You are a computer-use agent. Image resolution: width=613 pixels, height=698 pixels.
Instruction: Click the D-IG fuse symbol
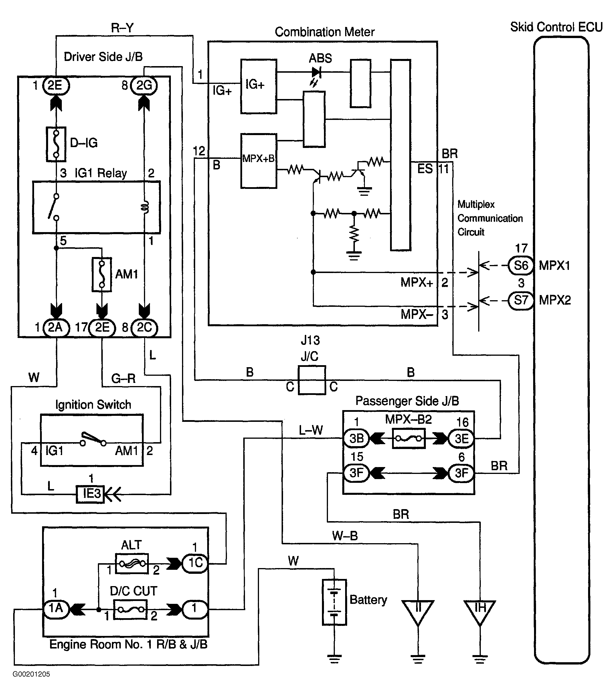click(x=56, y=144)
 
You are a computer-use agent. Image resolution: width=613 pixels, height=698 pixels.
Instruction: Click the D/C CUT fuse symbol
click(x=130, y=609)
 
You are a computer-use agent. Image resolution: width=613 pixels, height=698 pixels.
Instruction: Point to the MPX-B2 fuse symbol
click(x=409, y=438)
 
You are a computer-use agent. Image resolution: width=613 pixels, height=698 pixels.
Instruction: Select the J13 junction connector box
click(x=311, y=380)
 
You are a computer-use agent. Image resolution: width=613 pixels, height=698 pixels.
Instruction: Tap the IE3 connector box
click(x=90, y=493)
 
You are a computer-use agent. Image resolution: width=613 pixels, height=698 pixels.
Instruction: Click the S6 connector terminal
click(x=521, y=265)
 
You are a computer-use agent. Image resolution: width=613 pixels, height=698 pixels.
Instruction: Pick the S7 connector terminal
click(x=521, y=300)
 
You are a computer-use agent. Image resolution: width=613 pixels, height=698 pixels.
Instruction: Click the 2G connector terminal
click(x=144, y=85)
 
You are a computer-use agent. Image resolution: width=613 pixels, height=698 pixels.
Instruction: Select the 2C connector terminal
click(x=144, y=327)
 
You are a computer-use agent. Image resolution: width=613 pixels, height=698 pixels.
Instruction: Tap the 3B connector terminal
click(x=356, y=438)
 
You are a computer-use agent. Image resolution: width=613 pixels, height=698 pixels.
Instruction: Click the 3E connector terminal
click(x=461, y=438)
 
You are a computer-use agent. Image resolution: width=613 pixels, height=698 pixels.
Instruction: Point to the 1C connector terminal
click(x=195, y=563)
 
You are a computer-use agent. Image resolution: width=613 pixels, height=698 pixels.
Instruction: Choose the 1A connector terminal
click(x=56, y=608)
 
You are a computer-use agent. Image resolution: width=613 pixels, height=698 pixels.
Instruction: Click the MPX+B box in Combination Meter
click(x=258, y=161)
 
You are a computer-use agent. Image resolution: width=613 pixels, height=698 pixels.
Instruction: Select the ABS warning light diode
click(x=316, y=72)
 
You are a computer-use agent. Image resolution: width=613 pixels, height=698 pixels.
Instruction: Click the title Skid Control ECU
click(x=556, y=27)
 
